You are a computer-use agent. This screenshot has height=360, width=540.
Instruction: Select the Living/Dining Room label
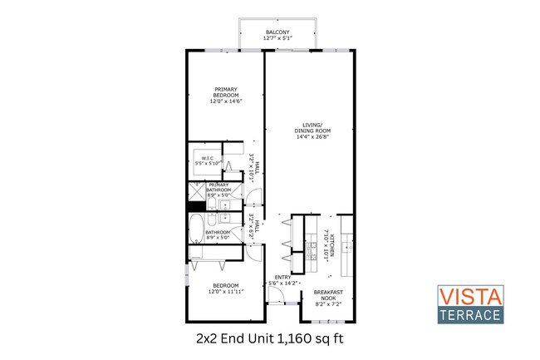point(312,129)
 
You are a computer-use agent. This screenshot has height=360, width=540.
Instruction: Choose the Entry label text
point(283,278)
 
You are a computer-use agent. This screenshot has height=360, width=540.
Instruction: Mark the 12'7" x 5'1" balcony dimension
point(277,38)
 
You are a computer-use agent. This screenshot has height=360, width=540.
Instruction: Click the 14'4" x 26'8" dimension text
point(312,137)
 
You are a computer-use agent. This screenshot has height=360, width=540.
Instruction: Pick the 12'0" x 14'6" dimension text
point(226,101)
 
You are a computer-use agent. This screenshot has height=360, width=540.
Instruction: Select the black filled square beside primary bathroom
point(195,193)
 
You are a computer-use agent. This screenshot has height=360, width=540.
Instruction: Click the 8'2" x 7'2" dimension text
point(328,304)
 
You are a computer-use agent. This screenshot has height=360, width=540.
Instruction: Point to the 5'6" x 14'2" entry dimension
point(283,284)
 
